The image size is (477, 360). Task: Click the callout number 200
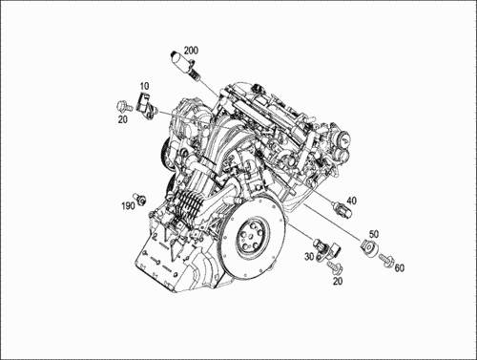tap(191, 49)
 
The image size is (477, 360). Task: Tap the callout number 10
tap(145, 86)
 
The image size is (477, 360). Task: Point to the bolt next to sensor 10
tap(122, 103)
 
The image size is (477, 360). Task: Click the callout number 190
tap(127, 205)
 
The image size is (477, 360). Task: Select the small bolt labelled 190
tap(140, 198)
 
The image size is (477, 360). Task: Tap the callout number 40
tap(351, 201)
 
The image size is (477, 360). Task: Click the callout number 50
tap(374, 234)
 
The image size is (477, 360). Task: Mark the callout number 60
tap(399, 268)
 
